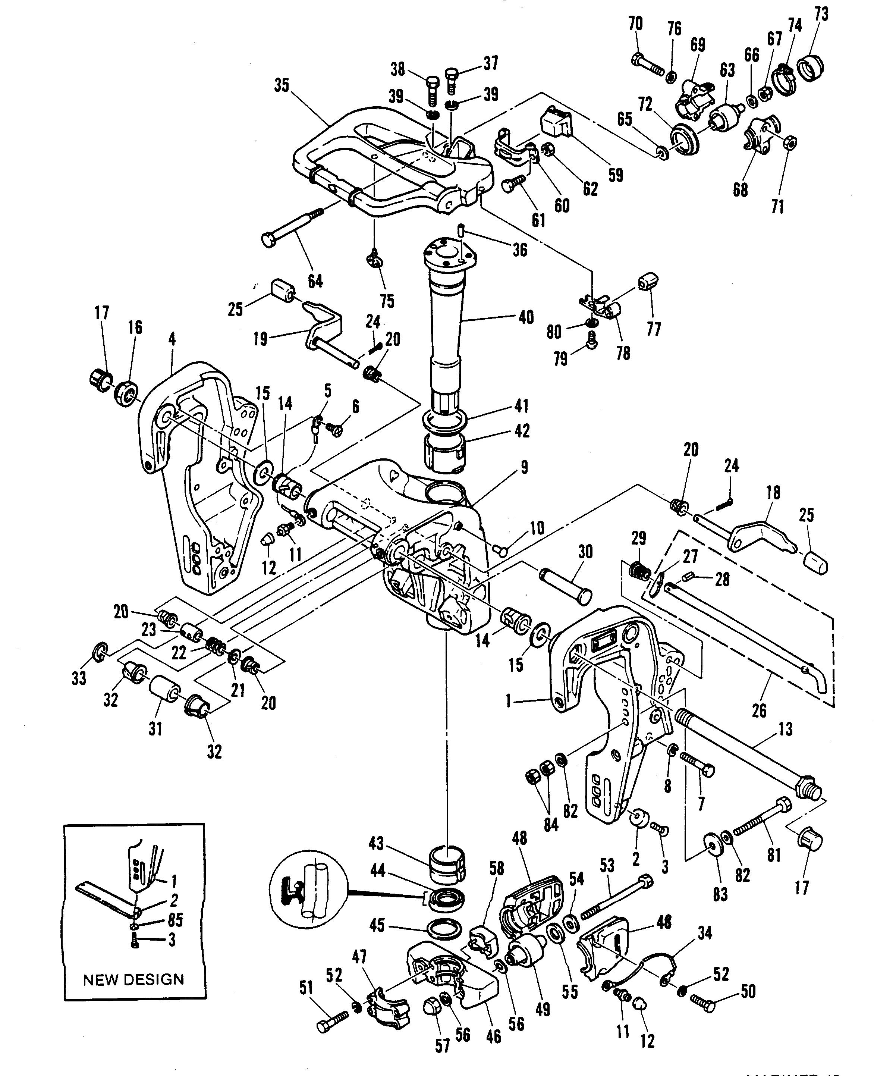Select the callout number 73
(x=821, y=14)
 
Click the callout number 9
(x=524, y=467)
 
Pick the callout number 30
(x=585, y=552)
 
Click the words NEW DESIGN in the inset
(x=133, y=979)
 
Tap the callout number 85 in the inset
(x=175, y=920)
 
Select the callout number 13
(x=785, y=728)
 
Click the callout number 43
(x=376, y=843)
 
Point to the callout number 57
(x=442, y=1046)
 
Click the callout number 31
(x=155, y=728)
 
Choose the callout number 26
(x=759, y=710)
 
